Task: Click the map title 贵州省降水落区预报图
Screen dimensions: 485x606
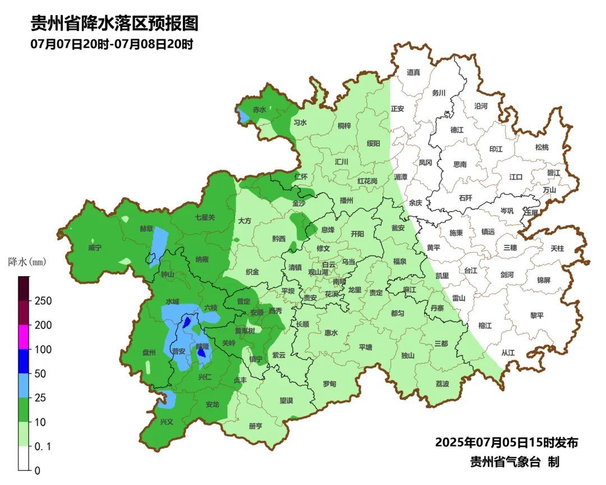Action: coord(114,24)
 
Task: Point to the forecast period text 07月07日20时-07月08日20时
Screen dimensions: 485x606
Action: coord(112,44)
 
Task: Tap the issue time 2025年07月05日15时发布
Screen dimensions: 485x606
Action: coord(506,442)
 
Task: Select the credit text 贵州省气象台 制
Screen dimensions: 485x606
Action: coord(515,462)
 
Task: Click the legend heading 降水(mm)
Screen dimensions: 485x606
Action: coord(27,262)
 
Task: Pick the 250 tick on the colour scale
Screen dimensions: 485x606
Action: coord(44,301)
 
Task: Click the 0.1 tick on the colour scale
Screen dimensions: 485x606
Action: coord(43,446)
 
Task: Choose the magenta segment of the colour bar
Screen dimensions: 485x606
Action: coord(24,337)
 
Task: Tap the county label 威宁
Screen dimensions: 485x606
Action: coord(95,248)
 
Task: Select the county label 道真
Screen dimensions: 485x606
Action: coord(414,72)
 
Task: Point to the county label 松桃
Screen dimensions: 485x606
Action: coord(541,147)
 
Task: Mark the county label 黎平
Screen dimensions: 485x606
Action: coord(537,315)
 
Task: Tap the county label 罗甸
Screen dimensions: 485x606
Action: coord(329,383)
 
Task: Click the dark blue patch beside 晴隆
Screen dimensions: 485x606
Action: coord(201,353)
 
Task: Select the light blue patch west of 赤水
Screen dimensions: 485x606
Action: coord(243,116)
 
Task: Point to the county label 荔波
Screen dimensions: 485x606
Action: coord(442,383)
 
